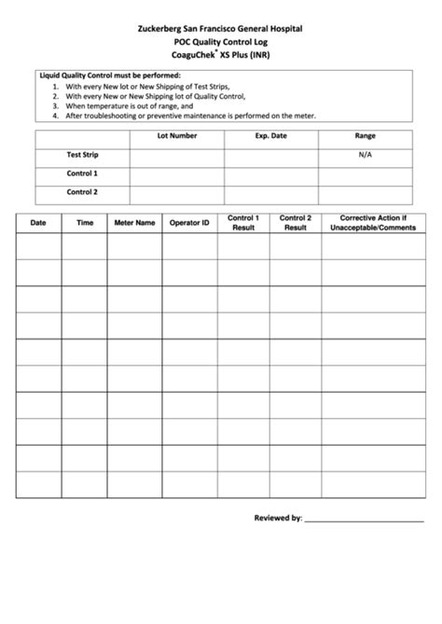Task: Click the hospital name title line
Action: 221,30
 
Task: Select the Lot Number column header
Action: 176,136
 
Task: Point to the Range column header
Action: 365,136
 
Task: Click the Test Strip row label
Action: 82,155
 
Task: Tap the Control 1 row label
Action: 82,173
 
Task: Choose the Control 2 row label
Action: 82,192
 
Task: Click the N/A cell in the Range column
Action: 365,155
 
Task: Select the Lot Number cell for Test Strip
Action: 176,155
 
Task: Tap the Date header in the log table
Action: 38,223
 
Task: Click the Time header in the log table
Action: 85,223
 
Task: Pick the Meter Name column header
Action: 134,223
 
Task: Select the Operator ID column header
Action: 189,223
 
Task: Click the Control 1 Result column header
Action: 243,223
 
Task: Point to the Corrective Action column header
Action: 372,223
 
